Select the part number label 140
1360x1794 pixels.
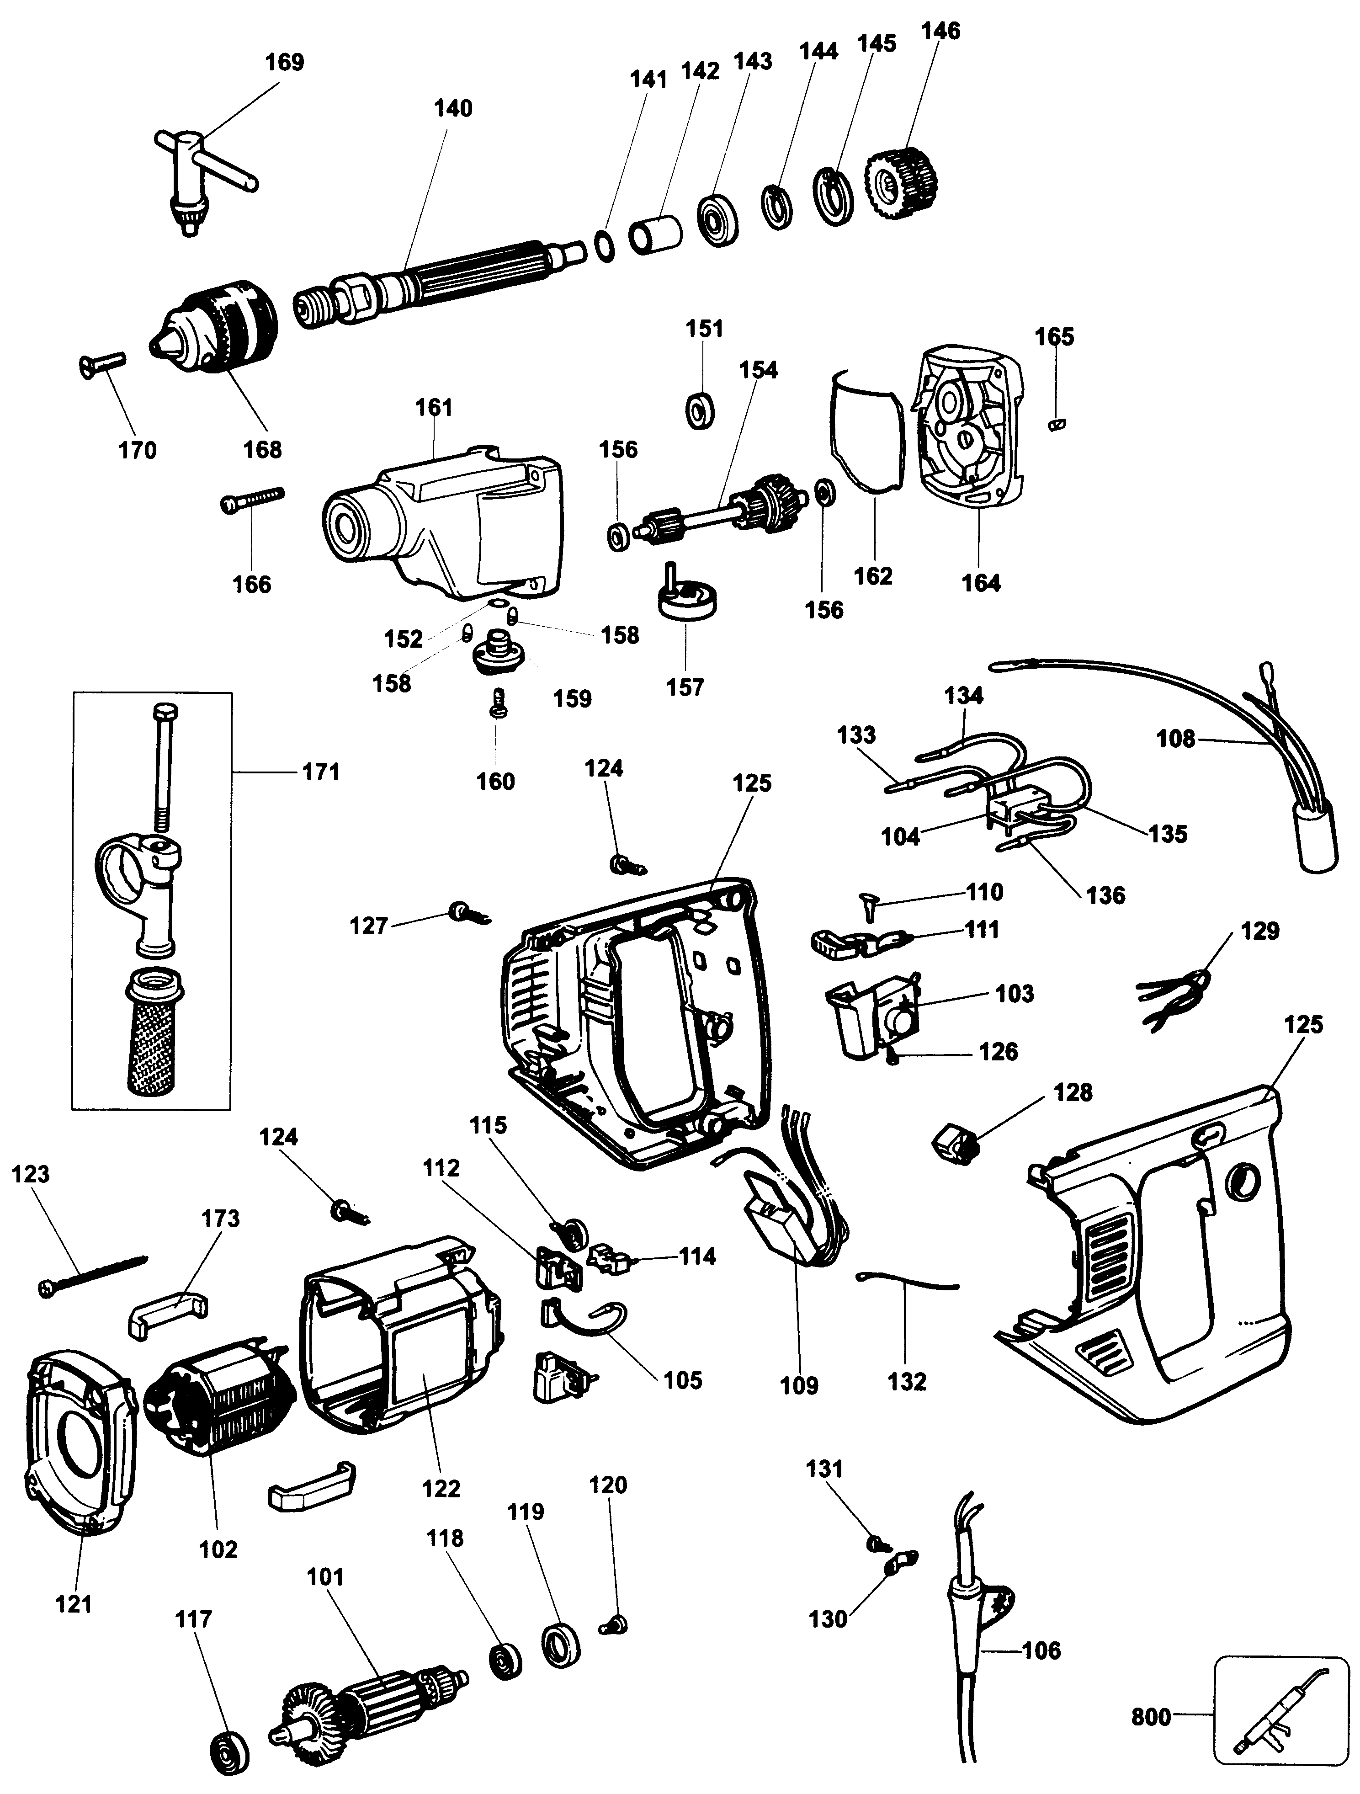tap(452, 108)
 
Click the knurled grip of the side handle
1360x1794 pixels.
tap(154, 1038)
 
